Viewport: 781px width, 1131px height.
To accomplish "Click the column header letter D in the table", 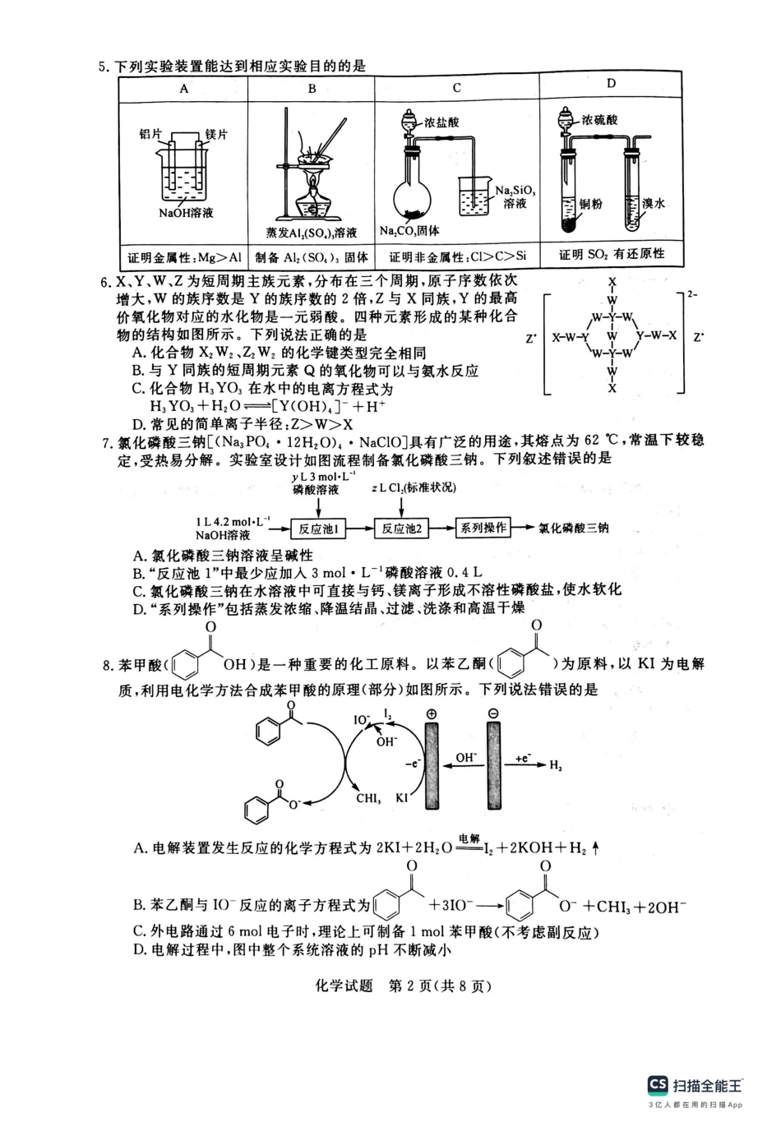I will point(611,83).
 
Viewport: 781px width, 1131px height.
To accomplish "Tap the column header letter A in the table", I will point(184,88).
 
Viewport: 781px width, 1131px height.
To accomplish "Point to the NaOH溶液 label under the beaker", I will point(187,213).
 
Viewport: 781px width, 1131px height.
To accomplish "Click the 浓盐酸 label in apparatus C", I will point(441,122).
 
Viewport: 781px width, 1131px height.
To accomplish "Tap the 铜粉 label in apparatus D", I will point(590,204).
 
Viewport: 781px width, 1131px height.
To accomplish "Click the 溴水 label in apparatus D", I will point(654,203).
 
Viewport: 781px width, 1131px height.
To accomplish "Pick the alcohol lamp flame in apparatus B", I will point(312,180).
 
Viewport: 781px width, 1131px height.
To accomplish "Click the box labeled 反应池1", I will point(318,529).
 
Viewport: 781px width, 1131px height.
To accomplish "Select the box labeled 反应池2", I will point(400,529).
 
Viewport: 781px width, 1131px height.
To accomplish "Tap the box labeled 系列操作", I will point(483,528).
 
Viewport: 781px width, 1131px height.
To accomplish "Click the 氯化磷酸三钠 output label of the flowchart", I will point(574,529).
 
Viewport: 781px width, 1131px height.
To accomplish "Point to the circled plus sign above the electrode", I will point(432,713).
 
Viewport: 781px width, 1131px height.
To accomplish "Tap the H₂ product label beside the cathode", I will point(556,766).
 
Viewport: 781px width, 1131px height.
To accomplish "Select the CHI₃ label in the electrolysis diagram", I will point(368,797).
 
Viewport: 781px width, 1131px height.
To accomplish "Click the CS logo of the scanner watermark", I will point(657,1084).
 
